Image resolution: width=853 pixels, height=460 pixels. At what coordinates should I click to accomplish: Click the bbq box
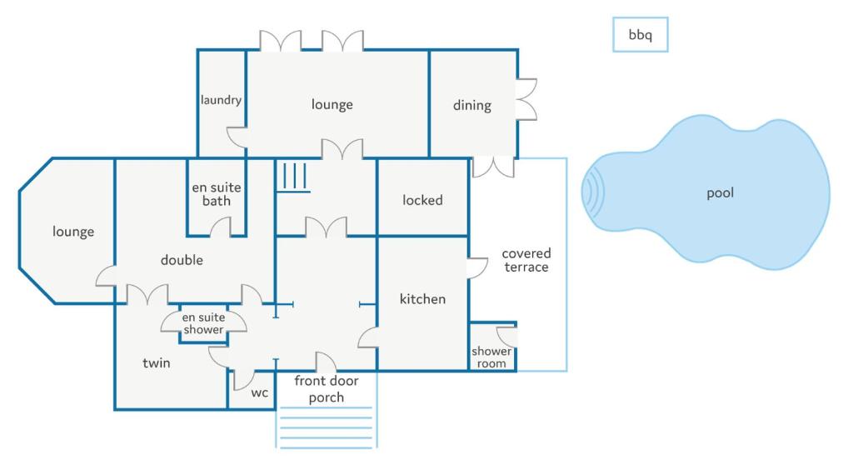click(640, 35)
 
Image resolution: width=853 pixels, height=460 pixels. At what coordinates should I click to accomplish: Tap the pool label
click(720, 193)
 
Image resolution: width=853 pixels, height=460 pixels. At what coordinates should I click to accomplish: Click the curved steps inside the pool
click(593, 192)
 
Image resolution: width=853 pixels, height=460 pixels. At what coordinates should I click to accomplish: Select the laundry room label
click(221, 100)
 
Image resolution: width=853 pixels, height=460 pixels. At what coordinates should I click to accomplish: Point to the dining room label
click(471, 106)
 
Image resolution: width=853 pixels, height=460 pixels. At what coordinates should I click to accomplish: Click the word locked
click(422, 200)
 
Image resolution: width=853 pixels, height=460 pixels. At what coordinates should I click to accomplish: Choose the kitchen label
click(422, 299)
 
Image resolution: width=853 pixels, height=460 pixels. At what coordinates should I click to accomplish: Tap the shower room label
click(491, 357)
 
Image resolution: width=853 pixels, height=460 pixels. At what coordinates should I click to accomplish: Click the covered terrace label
click(526, 260)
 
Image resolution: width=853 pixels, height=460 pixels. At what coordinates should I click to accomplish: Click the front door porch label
click(327, 389)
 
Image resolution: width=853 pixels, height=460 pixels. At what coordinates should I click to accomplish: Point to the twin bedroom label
click(157, 362)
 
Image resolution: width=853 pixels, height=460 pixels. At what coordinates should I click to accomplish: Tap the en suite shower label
click(203, 323)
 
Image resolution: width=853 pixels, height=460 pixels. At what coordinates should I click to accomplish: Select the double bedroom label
click(182, 260)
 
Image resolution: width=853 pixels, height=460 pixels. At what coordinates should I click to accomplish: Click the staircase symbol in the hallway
click(295, 177)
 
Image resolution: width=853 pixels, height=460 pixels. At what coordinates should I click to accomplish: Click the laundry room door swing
click(237, 137)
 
